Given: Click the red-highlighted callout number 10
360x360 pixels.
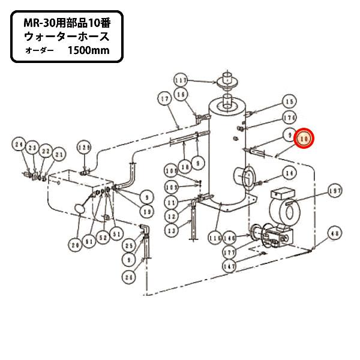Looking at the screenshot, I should coord(305,139).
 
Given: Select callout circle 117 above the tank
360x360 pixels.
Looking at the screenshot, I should coord(181,80).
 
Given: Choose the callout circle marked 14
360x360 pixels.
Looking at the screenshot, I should coord(290,174).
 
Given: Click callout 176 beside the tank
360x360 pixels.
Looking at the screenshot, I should coord(290,118).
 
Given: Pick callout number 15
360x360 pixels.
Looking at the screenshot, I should coord(290,101).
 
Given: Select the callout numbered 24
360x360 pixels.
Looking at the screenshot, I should coord(19,145).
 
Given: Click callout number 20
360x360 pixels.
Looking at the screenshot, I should coord(76,244).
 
